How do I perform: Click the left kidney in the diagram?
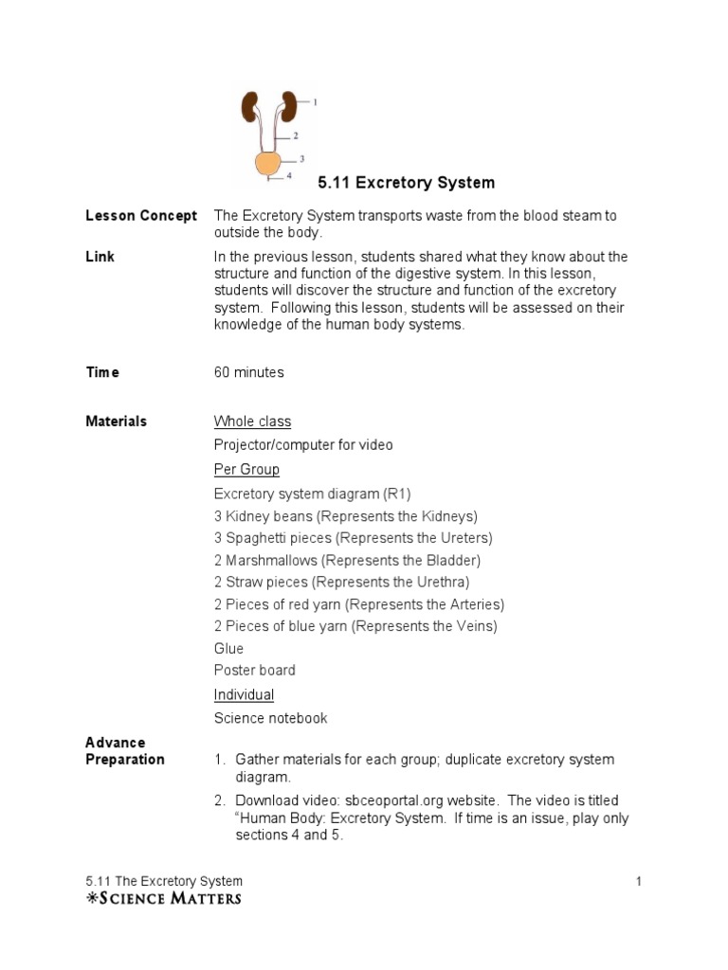coord(250,105)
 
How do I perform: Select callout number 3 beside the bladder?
coord(301,159)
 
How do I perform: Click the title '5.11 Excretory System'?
coord(406,182)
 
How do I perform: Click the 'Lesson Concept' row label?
coord(141,216)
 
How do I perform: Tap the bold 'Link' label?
coord(100,257)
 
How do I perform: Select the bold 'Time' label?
coord(102,372)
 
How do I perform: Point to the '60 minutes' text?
coord(248,372)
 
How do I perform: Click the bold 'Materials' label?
coord(116,421)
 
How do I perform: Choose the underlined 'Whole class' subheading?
coord(252,421)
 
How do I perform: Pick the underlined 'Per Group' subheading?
coord(246,469)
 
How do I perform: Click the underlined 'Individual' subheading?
coord(244,694)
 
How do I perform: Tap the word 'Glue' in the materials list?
coord(228,648)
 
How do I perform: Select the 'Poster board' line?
coord(254,671)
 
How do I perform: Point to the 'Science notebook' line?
coord(270,718)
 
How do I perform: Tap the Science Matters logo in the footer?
coord(163,898)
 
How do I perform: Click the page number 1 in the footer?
coord(639,882)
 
